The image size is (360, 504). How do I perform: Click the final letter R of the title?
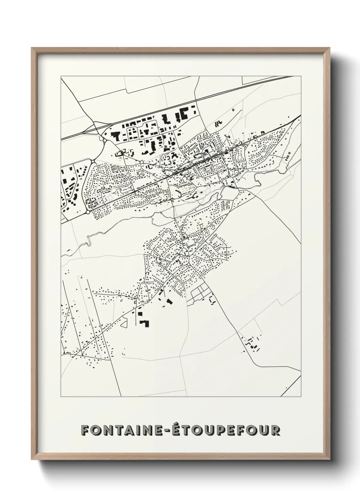(x=275, y=430)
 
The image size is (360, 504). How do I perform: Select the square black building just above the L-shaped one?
(x=140, y=314)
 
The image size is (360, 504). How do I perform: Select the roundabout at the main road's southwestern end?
(x=88, y=212)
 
